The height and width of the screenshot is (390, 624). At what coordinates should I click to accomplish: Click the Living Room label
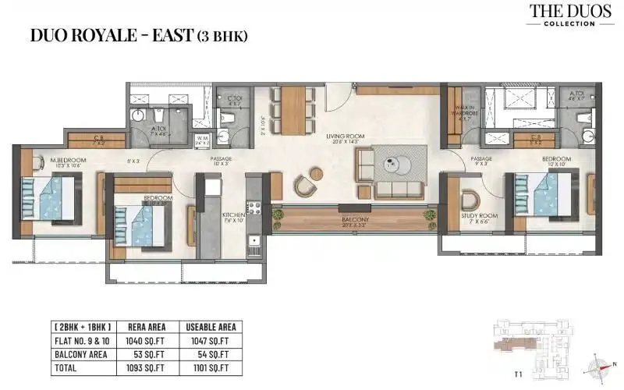pyautogui.click(x=346, y=136)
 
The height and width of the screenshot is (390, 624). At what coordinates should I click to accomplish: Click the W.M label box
pyautogui.click(x=202, y=140)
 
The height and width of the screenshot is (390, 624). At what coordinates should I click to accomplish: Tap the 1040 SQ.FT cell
pyautogui.click(x=143, y=340)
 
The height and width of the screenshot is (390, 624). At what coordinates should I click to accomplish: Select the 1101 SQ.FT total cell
pyautogui.click(x=207, y=367)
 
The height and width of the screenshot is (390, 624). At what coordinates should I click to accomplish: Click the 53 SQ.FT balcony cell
pyautogui.click(x=143, y=353)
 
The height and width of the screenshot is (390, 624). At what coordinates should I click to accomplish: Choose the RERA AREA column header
pyautogui.click(x=143, y=327)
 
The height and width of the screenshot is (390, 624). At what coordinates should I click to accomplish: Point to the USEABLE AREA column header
pyautogui.click(x=207, y=327)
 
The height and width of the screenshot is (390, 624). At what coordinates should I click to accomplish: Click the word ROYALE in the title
pyautogui.click(x=108, y=35)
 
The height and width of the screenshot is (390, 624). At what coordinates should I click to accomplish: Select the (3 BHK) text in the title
pyautogui.click(x=223, y=36)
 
